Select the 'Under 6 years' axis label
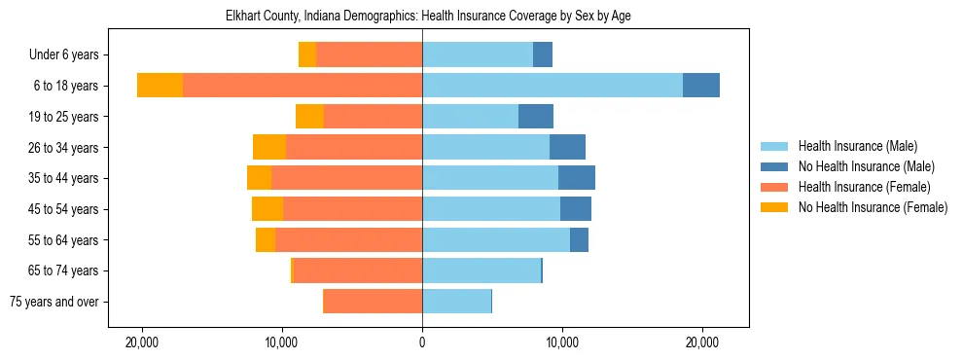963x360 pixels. pos(70,54)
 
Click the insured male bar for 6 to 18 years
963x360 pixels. pos(552,86)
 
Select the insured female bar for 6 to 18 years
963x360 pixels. pos(302,86)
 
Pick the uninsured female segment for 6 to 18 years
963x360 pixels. pos(160,86)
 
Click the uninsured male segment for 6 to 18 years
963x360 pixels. pos(700,86)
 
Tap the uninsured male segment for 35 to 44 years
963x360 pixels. pos(576,178)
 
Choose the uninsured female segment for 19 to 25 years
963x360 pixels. pos(309,117)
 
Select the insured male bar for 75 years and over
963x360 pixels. pos(456,302)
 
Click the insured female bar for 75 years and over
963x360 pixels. pos(373,302)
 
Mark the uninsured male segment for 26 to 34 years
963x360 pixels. pos(567,147)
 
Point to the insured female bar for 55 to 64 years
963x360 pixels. pos(348,239)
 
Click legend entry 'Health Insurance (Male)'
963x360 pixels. pos(857,146)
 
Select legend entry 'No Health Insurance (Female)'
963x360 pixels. pos(872,207)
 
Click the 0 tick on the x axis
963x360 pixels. pos(422,343)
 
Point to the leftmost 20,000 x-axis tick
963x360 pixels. pos(142,343)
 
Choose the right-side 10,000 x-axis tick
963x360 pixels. pos(561,343)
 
